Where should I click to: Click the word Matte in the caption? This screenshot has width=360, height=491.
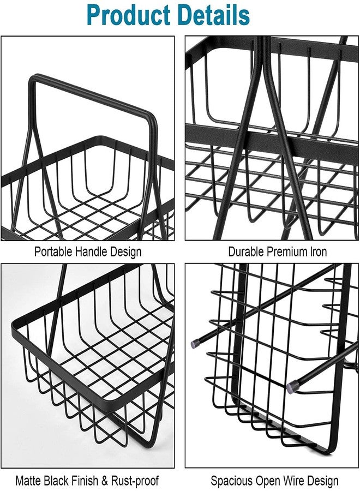coord(28,480)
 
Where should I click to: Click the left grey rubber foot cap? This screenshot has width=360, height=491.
coord(195,344)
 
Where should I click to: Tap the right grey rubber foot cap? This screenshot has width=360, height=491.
coord(292,387)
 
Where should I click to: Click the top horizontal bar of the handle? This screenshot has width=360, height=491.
coord(92,95)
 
